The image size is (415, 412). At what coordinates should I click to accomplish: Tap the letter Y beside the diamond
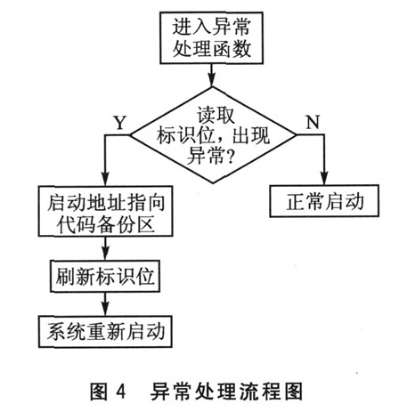tap(120, 123)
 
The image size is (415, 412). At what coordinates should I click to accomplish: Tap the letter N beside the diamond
tap(313, 122)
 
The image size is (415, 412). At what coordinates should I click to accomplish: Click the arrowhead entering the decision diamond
tap(211, 80)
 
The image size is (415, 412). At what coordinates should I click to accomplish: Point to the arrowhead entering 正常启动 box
tap(324, 179)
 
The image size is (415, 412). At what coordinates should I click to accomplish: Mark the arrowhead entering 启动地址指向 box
tap(105, 180)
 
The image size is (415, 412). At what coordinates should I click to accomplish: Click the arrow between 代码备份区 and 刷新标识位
tap(105, 248)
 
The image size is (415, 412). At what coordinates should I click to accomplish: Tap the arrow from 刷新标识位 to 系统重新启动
tap(105, 304)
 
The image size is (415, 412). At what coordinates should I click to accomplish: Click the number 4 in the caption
tap(121, 392)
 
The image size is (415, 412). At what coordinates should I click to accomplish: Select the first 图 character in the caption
tap(99, 392)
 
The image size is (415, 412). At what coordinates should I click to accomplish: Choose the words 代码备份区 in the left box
tap(105, 224)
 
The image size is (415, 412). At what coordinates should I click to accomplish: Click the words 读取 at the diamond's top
tap(216, 116)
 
